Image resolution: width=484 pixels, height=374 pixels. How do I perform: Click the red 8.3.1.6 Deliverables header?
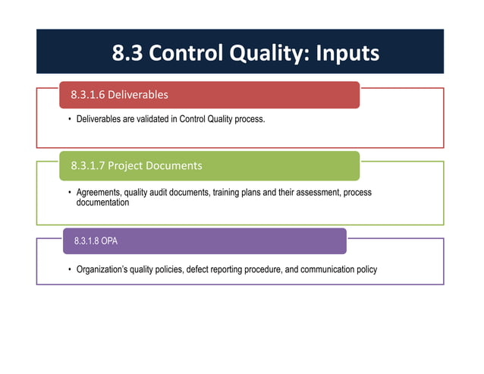click(x=209, y=95)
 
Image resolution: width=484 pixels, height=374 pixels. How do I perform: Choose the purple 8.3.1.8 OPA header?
click(x=204, y=240)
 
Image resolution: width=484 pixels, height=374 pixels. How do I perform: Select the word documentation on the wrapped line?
click(x=102, y=203)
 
